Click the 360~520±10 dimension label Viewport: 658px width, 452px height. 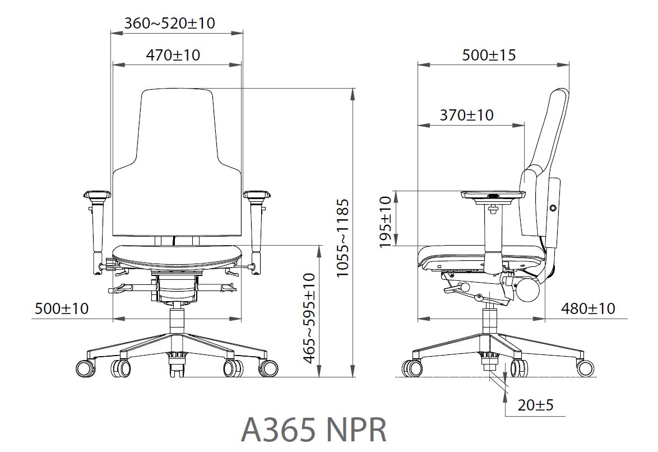(169, 22)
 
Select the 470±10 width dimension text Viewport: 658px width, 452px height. (173, 55)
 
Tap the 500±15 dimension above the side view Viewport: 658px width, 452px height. (489, 55)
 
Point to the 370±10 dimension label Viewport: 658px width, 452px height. (467, 114)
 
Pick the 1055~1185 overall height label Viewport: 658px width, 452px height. (343, 238)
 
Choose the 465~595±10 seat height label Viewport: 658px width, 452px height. (309, 318)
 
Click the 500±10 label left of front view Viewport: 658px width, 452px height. (62, 309)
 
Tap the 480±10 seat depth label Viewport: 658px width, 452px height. (588, 309)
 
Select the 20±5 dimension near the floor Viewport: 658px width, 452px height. (535, 405)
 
